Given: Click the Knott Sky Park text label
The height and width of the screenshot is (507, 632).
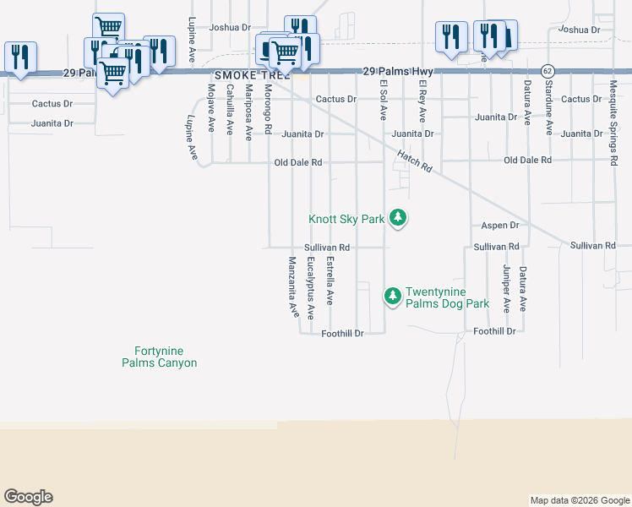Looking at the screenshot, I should point(346,219).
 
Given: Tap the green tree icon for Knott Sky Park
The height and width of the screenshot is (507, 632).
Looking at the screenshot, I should point(398,219).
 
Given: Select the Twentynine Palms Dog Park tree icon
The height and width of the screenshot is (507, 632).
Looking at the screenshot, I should point(392,296).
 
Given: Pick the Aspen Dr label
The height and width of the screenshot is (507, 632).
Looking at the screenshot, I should point(499,226).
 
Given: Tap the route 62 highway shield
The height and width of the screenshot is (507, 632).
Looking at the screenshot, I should point(548,69).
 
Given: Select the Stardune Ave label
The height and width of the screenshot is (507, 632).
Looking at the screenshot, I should point(548,116).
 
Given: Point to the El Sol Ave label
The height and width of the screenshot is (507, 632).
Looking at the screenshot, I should point(383,101).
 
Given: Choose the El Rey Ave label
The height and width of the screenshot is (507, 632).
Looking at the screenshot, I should point(422,102).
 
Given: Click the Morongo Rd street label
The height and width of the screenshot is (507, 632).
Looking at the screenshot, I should point(267,110).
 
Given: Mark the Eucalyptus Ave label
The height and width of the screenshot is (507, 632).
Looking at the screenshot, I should point(311,287).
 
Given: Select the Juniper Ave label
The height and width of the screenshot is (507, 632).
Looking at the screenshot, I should point(506,289).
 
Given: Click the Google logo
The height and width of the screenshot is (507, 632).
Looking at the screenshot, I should point(28,497).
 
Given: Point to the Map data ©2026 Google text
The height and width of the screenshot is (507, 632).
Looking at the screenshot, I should point(580,500).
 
